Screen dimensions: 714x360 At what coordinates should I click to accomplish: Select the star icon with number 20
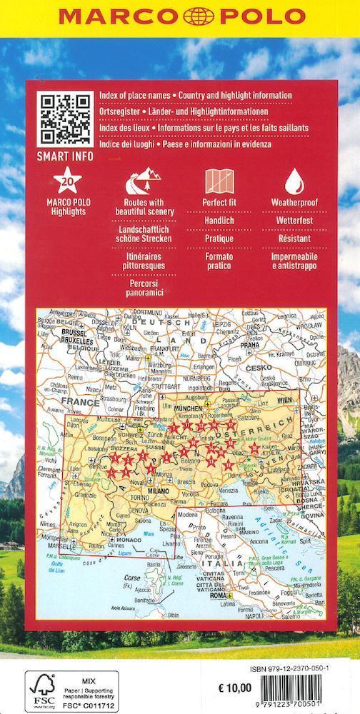(66, 182)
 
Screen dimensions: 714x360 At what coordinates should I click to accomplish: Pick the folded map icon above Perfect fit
(219, 182)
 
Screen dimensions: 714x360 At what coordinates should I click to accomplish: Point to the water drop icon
(294, 182)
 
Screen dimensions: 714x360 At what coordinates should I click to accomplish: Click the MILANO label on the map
(160, 491)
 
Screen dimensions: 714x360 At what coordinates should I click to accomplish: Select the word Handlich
(219, 222)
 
